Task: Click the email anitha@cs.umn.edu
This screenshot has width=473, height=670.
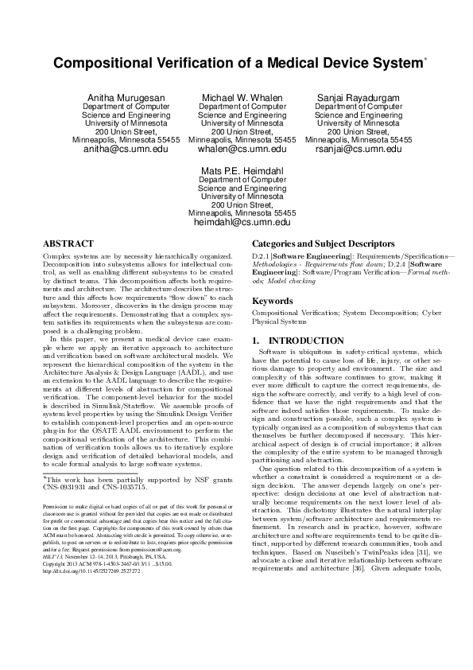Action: click(126, 149)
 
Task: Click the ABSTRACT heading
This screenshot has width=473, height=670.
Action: click(68, 243)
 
